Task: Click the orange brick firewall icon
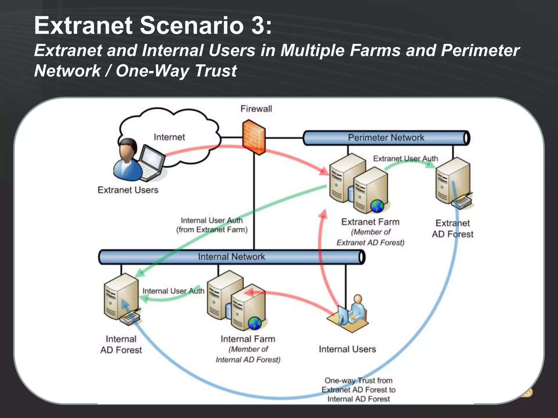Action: point(254,137)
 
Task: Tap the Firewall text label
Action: point(256,109)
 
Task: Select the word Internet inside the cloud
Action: point(169,137)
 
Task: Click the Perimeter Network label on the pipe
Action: point(386,137)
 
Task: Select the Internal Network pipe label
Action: point(231,257)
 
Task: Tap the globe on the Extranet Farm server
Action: point(377,206)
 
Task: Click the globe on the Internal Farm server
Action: point(255,323)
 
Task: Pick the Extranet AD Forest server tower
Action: point(453,181)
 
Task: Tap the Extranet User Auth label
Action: point(405,158)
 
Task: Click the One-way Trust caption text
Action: point(358,390)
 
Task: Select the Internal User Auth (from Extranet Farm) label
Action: point(212,225)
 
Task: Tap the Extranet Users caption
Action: point(128,190)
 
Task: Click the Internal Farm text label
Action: point(248,339)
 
